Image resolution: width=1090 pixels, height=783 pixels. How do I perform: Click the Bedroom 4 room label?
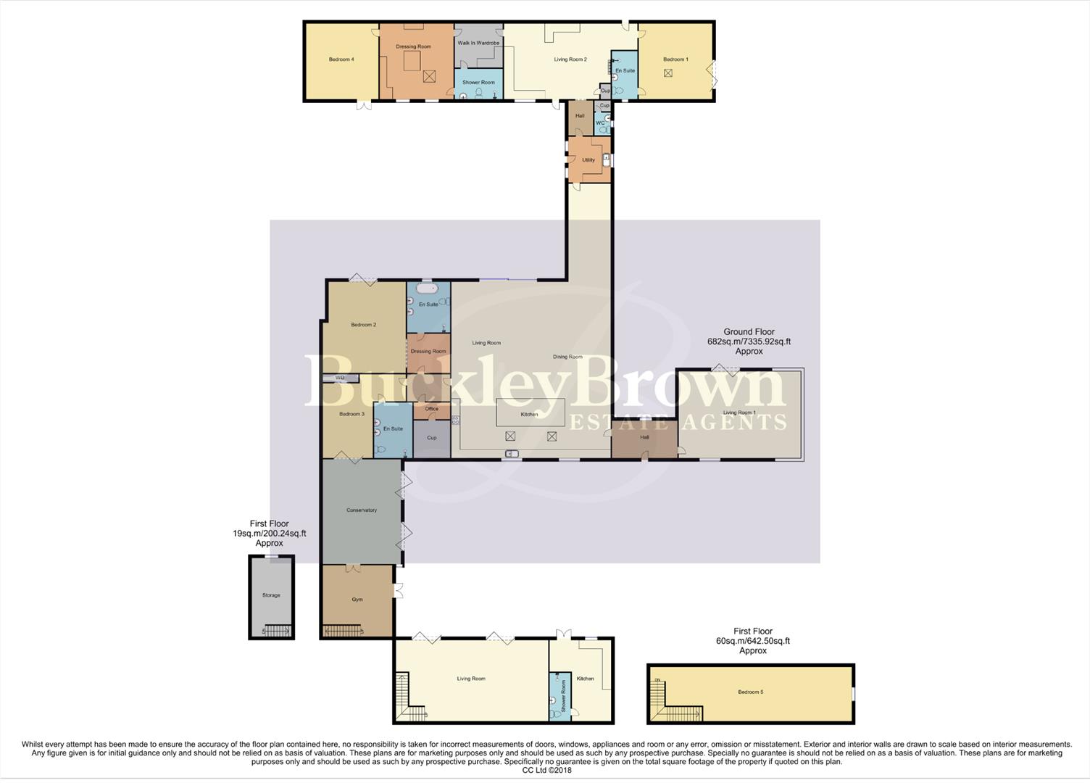341,59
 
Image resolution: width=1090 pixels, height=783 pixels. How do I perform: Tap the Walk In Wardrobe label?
478,43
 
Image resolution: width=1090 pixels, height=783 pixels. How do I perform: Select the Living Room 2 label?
570,59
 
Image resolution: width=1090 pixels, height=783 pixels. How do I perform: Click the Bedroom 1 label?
675,59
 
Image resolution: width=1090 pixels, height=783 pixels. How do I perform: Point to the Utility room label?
588,160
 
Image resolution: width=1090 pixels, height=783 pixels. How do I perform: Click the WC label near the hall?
600,123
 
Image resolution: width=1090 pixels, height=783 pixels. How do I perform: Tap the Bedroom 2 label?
363,325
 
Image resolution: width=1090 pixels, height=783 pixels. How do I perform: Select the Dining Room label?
567,357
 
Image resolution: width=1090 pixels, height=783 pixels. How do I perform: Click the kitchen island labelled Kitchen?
530,413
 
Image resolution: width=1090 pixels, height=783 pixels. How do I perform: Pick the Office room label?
432,409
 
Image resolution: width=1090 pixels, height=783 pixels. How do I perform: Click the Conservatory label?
362,510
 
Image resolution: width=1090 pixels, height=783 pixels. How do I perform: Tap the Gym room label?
357,600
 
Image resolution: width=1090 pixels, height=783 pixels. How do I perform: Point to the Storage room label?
271,595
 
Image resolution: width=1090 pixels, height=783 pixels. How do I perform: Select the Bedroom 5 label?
751,692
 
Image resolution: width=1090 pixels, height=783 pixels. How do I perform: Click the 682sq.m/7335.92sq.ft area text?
749,341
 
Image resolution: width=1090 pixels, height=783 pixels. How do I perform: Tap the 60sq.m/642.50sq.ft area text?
753,641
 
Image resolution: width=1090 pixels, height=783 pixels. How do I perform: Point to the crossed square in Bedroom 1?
668,73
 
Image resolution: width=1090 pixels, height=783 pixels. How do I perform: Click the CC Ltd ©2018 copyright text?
546,770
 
